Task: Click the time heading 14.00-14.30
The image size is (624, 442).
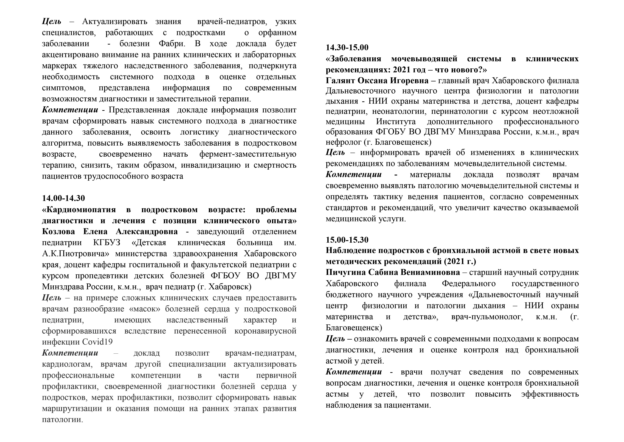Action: [63, 198]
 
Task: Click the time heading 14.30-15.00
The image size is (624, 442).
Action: [347, 48]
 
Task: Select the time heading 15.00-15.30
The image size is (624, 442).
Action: [347, 240]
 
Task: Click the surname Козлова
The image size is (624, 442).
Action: [58, 232]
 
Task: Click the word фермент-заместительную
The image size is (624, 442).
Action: [248, 154]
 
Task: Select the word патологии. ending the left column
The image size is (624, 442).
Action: [62, 419]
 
